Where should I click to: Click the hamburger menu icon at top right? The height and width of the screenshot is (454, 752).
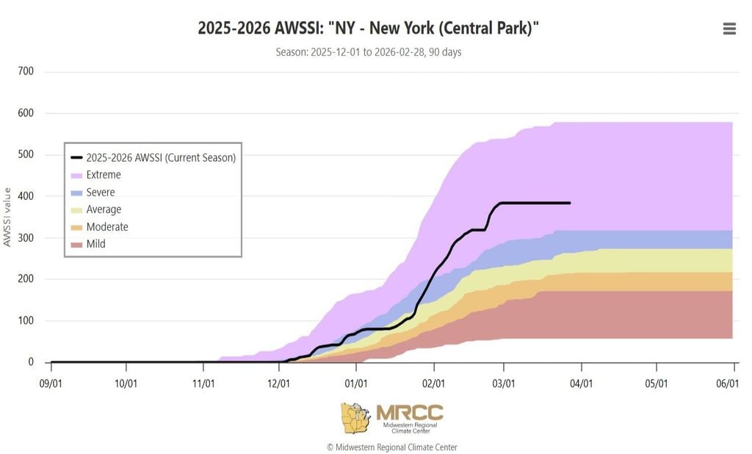coord(729,29)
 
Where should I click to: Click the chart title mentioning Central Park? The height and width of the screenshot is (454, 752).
coord(369,29)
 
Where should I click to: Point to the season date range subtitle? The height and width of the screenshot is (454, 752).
coord(369,52)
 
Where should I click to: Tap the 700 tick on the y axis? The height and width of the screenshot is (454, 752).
coord(26,72)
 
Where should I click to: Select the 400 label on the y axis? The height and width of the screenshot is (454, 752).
coord(26,196)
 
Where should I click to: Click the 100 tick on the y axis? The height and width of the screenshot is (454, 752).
coord(26,321)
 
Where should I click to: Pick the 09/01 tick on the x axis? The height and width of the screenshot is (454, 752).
coord(51,383)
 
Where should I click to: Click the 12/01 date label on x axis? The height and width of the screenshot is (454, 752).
coord(279,383)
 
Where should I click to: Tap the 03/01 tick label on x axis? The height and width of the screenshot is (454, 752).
coord(504,383)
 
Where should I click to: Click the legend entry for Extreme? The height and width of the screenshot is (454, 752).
coord(103,175)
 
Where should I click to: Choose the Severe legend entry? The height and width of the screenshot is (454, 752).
coord(100,192)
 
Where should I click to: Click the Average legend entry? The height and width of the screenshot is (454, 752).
coord(103,209)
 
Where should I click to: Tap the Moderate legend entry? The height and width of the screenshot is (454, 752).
coord(106,227)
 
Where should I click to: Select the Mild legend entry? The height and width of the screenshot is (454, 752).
coord(95,244)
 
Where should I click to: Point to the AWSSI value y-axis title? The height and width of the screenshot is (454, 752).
coord(7,217)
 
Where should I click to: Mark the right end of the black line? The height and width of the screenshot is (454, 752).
coord(570,203)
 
